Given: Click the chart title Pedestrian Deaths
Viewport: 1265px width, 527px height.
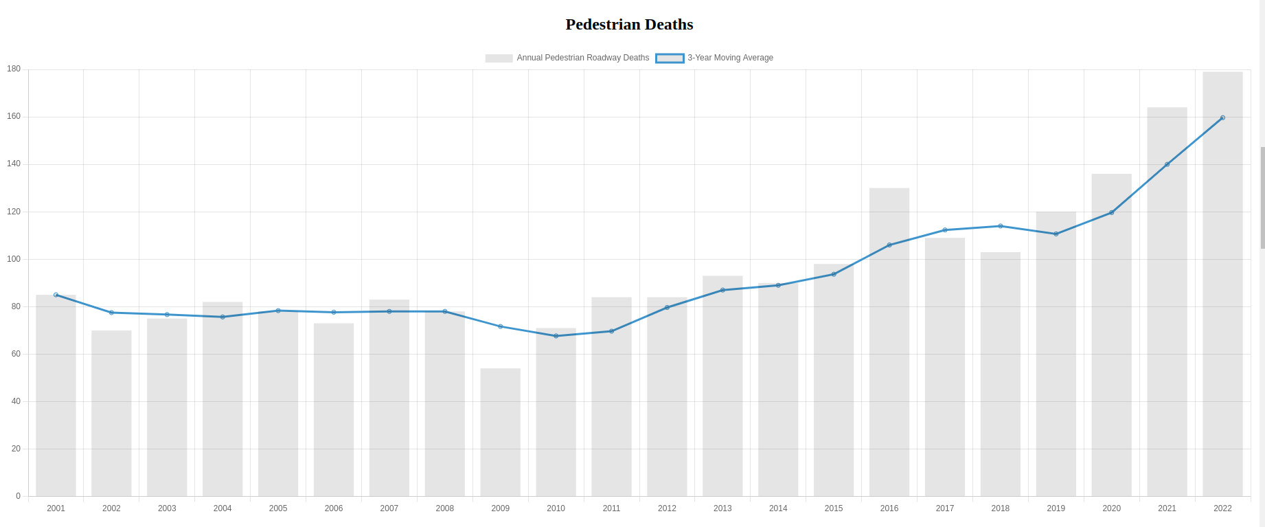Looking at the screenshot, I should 629,25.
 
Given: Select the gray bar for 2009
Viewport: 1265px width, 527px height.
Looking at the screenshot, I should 500,432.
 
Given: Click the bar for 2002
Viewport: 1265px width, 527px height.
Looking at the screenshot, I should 111,413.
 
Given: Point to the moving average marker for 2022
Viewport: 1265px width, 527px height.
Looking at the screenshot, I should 1222,117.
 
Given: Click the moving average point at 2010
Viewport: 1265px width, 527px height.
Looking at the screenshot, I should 556,336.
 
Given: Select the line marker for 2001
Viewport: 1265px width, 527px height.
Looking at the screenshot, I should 56,295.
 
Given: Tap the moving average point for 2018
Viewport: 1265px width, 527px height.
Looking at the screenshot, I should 1000,226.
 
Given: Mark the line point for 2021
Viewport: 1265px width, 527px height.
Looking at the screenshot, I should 1167,164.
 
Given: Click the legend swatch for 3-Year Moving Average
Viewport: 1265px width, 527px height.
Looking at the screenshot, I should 670,58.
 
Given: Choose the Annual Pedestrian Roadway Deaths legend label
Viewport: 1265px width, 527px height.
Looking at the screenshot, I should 582,58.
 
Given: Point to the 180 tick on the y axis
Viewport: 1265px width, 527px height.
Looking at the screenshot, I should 14,69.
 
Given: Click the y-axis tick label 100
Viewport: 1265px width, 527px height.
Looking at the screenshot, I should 14,259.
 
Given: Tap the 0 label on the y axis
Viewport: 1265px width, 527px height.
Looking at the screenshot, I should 18,496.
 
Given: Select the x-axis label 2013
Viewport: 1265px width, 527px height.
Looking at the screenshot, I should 722,508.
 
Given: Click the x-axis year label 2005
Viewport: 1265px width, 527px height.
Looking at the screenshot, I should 278,508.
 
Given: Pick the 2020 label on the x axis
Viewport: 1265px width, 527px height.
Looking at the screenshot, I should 1111,508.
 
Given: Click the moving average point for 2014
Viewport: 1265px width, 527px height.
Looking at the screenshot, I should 778,285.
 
